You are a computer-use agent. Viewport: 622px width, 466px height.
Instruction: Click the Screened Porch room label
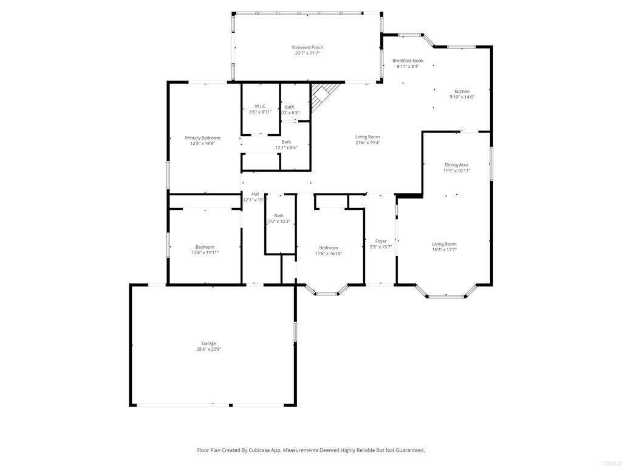[307, 47]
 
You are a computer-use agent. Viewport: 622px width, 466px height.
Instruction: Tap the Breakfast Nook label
[408, 61]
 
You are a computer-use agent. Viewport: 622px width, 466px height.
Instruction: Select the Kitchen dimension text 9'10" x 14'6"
[462, 97]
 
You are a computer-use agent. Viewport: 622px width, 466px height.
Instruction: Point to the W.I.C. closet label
[260, 106]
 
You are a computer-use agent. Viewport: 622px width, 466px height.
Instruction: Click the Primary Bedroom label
[202, 138]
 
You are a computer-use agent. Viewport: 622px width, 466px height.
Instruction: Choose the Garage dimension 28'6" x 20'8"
[208, 349]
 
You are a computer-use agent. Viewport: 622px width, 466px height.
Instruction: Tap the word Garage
[208, 343]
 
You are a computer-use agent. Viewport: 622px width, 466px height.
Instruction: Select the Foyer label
[381, 241]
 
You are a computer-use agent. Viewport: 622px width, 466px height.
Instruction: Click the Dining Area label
[456, 164]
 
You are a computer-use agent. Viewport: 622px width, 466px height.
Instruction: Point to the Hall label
[255, 194]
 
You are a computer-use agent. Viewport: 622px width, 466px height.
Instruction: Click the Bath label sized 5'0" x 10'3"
[278, 215]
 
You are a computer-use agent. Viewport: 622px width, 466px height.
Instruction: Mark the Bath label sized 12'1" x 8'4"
[286, 142]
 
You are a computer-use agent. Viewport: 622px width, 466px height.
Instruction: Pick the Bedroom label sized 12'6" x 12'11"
[205, 247]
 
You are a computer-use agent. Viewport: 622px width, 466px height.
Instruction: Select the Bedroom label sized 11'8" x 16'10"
[329, 248]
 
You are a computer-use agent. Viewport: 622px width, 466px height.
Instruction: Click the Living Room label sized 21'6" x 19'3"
[367, 137]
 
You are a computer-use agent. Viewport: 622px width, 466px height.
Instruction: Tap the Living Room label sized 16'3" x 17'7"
[444, 244]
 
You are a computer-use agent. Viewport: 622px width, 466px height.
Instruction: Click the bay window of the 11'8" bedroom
[326, 293]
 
